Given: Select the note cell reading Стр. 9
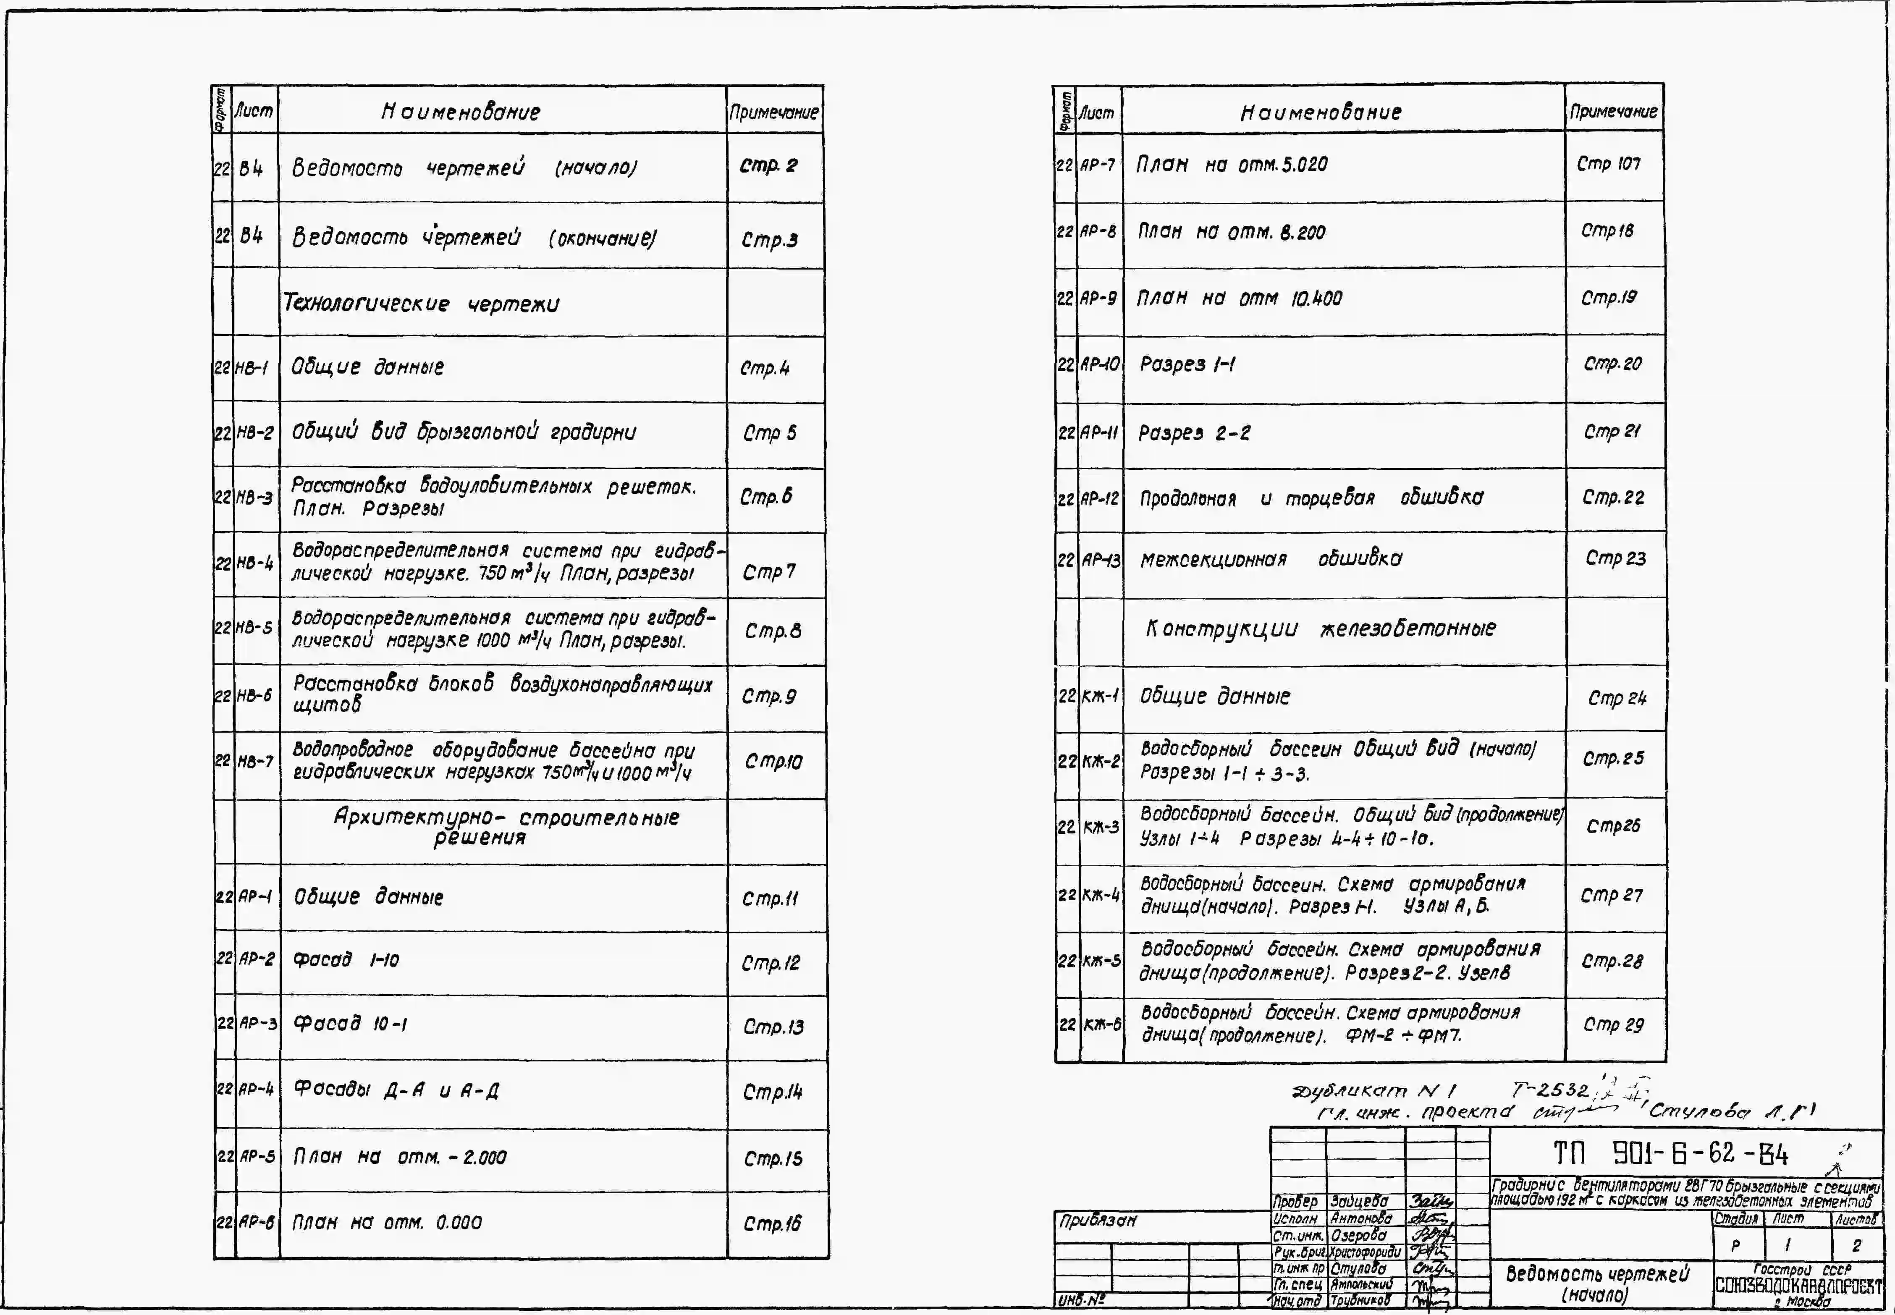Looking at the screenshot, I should coord(769,697).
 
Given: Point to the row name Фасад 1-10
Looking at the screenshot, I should coord(346,960).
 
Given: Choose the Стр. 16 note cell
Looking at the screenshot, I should coord(771,1224).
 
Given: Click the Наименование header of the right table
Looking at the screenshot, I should coord(1321,112).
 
